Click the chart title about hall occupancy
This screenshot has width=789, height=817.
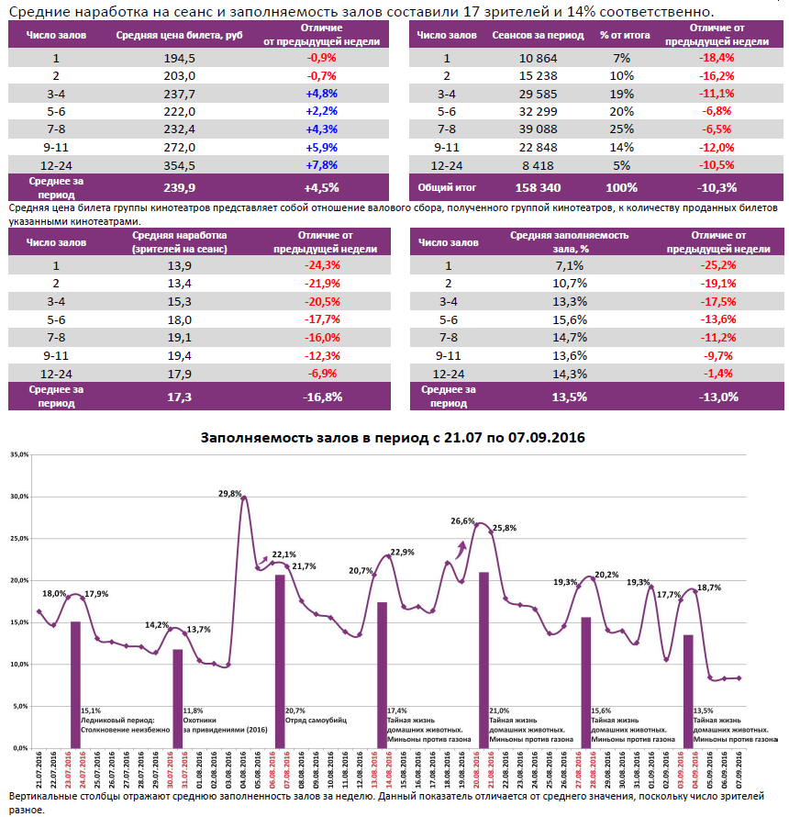[393, 438]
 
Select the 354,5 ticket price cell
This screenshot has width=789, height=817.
[178, 165]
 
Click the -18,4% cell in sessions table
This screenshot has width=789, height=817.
[717, 57]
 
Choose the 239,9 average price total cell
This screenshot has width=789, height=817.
[178, 187]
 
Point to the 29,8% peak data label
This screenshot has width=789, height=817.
[229, 493]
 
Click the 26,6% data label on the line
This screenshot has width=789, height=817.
[462, 520]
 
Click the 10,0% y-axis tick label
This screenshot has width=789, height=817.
[19, 665]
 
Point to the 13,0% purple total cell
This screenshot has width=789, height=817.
[717, 397]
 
